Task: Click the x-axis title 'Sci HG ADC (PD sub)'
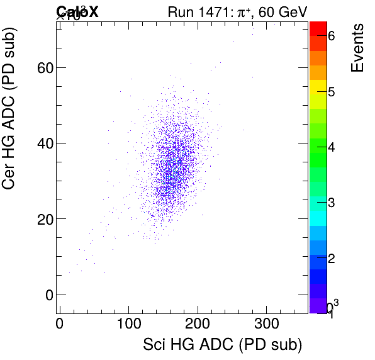point(223,345)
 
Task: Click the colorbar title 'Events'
point(357,48)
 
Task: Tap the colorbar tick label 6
point(330,37)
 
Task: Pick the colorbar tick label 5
point(330,92)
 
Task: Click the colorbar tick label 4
point(330,147)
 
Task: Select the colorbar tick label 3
point(330,203)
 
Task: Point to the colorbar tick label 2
point(330,258)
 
